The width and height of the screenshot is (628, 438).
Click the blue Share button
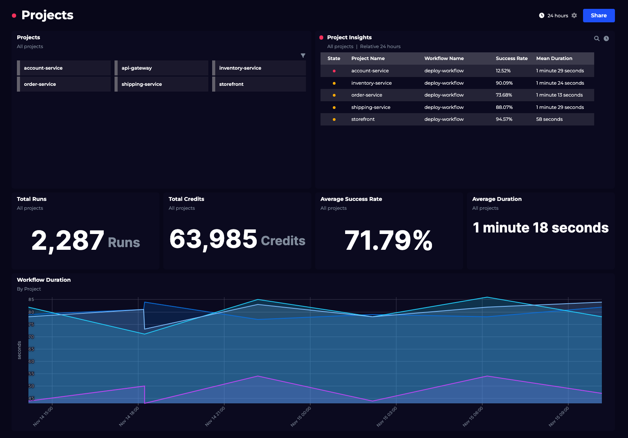[x=598, y=15]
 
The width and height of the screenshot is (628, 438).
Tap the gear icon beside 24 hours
[x=574, y=15]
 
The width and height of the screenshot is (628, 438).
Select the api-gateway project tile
[x=161, y=68]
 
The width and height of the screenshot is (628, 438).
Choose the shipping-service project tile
[x=161, y=84]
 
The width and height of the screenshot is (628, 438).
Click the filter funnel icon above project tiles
[x=303, y=55]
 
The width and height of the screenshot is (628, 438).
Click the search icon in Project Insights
[x=596, y=38]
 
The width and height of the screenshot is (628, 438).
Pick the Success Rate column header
[x=511, y=59]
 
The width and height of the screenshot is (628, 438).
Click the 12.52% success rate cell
[x=503, y=71]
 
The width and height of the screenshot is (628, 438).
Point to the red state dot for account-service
[x=334, y=71]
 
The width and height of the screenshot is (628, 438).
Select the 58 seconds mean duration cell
[x=549, y=119]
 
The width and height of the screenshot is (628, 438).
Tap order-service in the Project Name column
[x=366, y=95]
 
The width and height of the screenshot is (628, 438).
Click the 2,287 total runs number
[x=68, y=240]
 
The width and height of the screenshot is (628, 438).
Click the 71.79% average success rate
[x=388, y=240]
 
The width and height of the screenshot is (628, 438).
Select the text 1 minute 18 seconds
[x=540, y=228]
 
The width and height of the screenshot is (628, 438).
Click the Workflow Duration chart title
[x=44, y=280]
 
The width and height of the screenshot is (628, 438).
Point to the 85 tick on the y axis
[x=31, y=299]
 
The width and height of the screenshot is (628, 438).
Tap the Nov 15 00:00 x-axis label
[x=301, y=416]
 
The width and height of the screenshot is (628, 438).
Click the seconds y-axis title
[x=20, y=350]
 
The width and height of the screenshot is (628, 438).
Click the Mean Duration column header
[x=554, y=59]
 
